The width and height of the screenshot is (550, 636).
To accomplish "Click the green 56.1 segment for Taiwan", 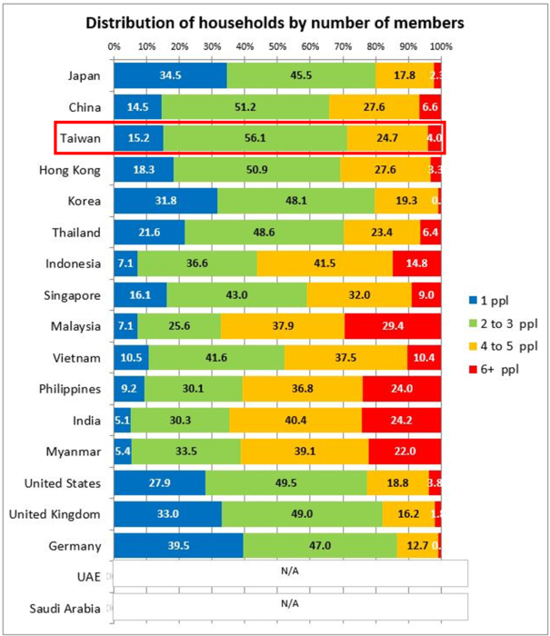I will pos(255,138).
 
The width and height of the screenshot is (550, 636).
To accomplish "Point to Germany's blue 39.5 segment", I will pos(178,545).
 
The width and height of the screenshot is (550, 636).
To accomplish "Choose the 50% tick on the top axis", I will pos(277,45).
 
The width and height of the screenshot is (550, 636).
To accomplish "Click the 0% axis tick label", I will pos(114,45).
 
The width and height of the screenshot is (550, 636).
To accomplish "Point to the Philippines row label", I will pos(70,389).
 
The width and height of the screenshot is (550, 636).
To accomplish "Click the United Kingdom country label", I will pos(55,514).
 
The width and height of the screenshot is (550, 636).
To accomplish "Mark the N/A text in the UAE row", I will pos(290,574).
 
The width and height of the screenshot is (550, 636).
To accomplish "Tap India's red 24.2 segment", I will pos(401,420).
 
